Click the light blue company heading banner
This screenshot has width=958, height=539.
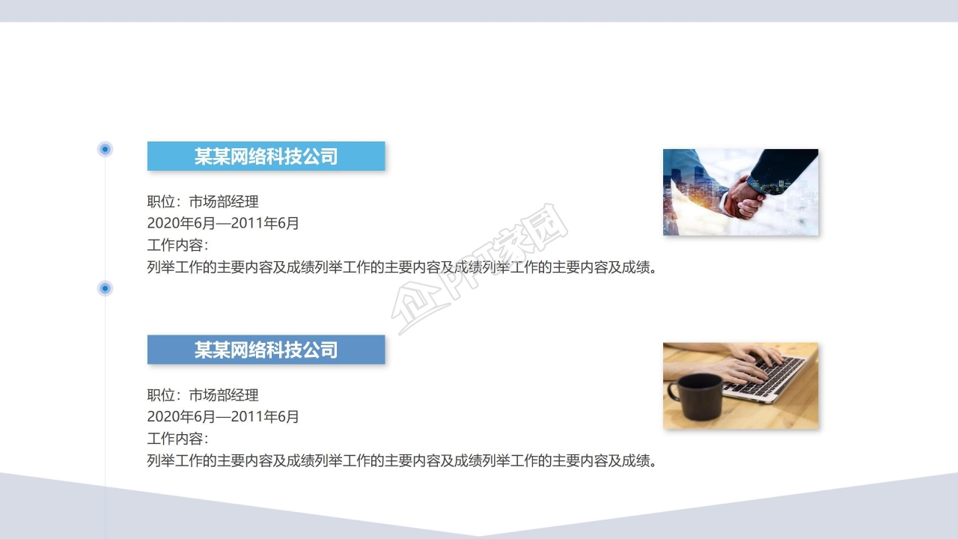[266, 156]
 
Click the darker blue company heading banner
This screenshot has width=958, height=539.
[266, 350]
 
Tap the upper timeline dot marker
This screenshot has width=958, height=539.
[106, 149]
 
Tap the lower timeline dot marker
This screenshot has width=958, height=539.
[106, 288]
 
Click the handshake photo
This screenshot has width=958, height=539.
[740, 192]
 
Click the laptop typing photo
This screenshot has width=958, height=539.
[740, 386]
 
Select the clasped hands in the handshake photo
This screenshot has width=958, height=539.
[744, 197]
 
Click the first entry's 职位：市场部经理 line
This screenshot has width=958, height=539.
[203, 201]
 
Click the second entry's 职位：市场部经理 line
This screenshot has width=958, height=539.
[203, 395]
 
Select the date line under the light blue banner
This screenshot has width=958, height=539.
[223, 223]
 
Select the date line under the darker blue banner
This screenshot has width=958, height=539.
[223, 417]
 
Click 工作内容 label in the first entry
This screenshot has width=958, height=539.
[177, 245]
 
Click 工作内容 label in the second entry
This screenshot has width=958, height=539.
[177, 439]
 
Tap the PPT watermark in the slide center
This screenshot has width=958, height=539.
[479, 269]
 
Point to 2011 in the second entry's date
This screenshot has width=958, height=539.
[248, 417]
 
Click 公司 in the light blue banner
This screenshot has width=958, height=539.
[320, 156]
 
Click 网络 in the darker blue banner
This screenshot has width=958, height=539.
[248, 350]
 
